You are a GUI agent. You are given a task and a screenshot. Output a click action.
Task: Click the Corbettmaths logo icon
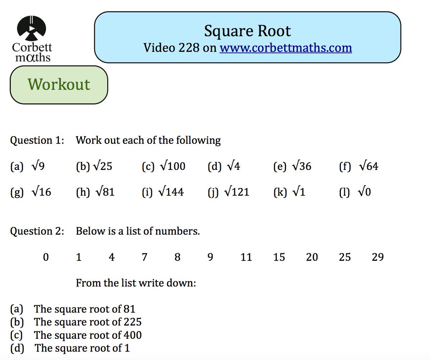(32, 28)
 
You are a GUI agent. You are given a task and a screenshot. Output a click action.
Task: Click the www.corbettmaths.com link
(286, 47)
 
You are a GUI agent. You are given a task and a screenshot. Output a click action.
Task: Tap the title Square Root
(247, 31)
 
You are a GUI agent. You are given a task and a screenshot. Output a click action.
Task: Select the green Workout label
(59, 84)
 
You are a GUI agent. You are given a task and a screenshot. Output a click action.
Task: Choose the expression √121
(237, 192)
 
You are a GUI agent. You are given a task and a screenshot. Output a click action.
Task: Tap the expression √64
(369, 166)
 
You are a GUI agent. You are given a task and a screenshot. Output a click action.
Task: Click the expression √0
(365, 192)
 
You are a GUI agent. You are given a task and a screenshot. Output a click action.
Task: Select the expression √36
(302, 166)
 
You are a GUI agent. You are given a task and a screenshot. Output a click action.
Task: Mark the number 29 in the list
(377, 257)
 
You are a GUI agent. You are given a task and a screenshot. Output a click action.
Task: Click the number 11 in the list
(246, 257)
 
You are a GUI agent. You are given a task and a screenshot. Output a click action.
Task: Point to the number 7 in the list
(144, 257)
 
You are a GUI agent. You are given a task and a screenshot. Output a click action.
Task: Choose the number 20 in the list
(312, 257)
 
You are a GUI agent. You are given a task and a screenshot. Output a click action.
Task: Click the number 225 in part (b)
(132, 322)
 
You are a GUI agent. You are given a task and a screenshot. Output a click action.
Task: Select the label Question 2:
(37, 231)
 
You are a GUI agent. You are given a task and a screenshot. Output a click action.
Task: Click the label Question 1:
(37, 140)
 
